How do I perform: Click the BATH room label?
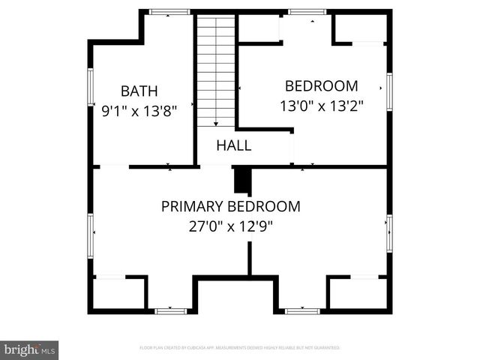pos(139,91)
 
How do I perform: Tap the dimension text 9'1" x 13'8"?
pos(139,111)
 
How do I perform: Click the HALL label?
pos(234,145)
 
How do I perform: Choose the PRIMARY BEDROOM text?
pos(231,206)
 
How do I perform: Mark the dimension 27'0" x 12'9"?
pos(231,226)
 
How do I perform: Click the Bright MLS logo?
pos(30,349)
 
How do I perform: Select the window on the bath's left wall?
pos(91,87)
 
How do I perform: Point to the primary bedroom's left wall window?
pos(91,233)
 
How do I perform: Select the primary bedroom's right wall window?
pos(389,233)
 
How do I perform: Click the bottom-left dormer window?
pos(169,310)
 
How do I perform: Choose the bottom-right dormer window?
pos(302,310)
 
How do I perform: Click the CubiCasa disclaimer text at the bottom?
pos(240,348)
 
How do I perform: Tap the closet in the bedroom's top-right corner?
pos(359,28)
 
